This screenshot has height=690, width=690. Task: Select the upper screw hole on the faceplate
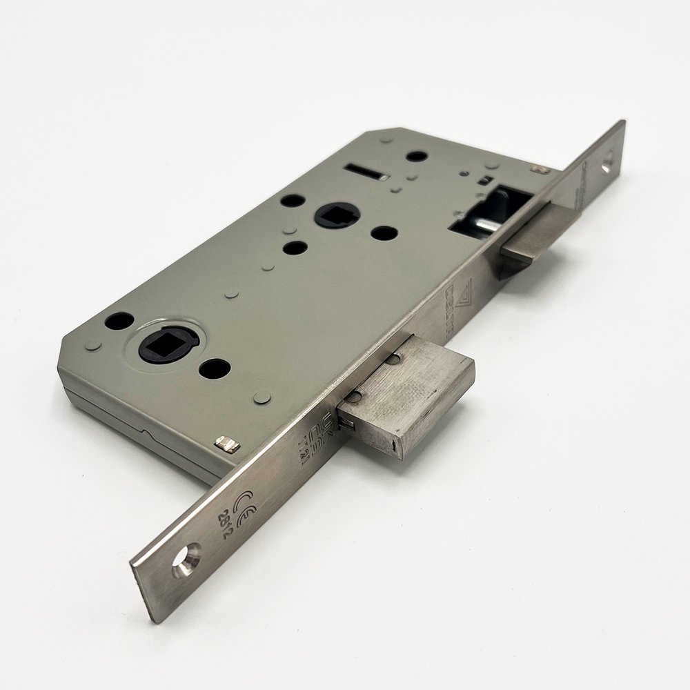pos(607,164)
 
